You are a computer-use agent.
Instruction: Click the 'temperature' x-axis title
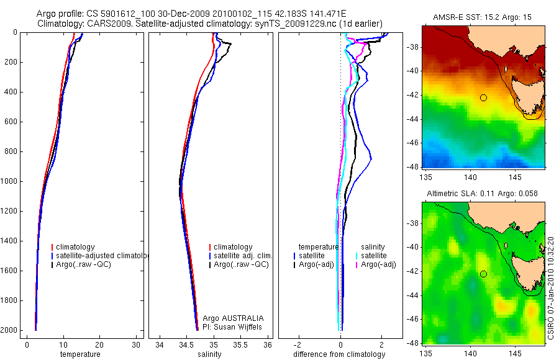tap(80, 354)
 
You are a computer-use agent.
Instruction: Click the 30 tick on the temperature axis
tap(135, 344)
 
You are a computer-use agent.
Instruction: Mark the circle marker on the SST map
tap(483, 97)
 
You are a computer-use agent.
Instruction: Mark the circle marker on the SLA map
tap(483, 274)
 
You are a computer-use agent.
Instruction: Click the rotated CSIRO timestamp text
tap(552, 287)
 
